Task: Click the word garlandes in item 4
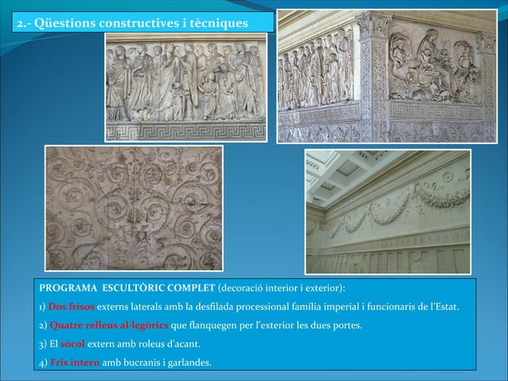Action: click(188, 363)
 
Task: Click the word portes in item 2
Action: click(346, 325)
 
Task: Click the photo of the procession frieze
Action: click(186, 88)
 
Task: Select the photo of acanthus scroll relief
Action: click(133, 209)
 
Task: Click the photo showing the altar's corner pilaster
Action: click(386, 77)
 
